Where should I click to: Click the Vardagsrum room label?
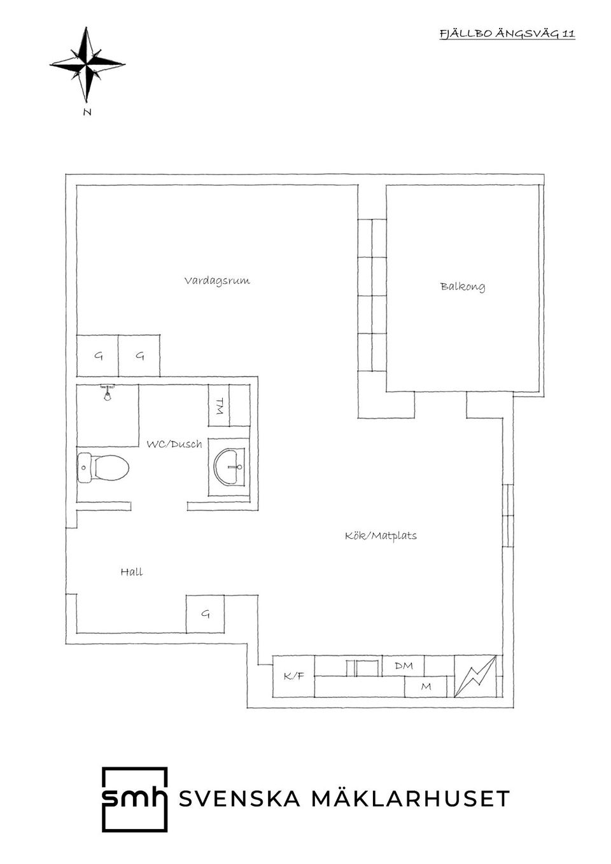pyautogui.click(x=217, y=281)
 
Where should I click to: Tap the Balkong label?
pyautogui.click(x=463, y=286)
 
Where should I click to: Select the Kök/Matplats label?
pyautogui.click(x=381, y=536)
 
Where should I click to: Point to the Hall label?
pyautogui.click(x=132, y=571)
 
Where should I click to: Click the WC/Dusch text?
pyautogui.click(x=174, y=444)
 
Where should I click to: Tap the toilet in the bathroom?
pyautogui.click(x=103, y=468)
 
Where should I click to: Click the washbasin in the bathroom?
pyautogui.click(x=230, y=466)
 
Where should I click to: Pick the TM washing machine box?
pyautogui.click(x=219, y=405)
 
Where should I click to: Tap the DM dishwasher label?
pyautogui.click(x=404, y=665)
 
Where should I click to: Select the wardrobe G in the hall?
pyautogui.click(x=205, y=614)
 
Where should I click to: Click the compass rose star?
pyautogui.click(x=88, y=66)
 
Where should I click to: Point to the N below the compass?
pyautogui.click(x=87, y=112)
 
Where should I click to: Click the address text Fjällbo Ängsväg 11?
pyautogui.click(x=507, y=34)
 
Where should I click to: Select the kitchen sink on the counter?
pyautogui.click(x=362, y=667)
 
